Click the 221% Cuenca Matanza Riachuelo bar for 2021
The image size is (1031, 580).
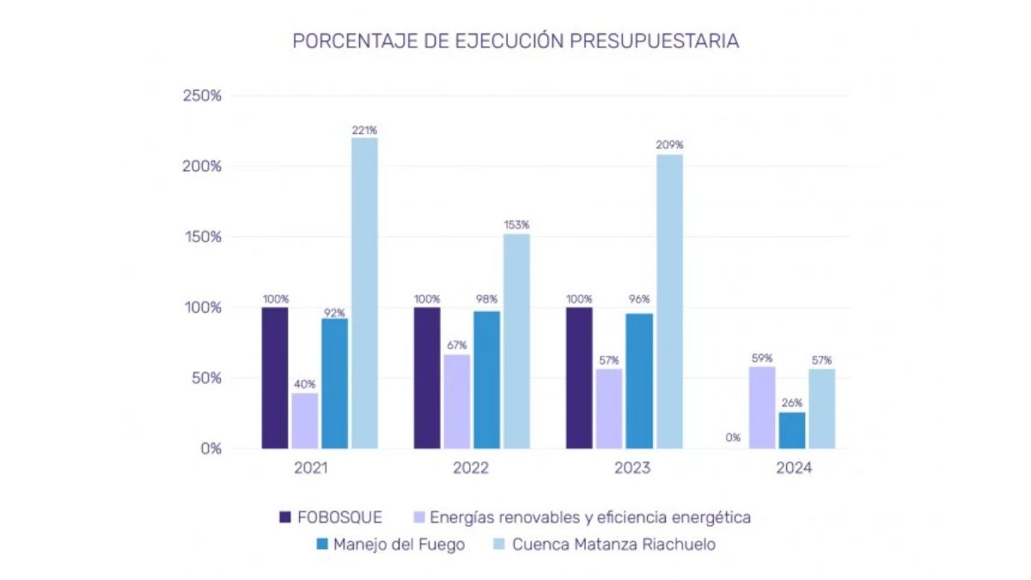click(364, 292)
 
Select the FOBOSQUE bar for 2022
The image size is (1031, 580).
click(427, 377)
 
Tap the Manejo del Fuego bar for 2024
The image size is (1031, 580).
click(792, 430)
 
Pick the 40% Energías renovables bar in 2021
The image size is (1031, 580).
click(304, 420)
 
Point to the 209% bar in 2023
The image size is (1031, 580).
click(669, 301)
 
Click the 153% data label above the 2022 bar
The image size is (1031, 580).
click(516, 225)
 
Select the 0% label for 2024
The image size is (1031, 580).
click(733, 437)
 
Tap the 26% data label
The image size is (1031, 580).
click(792, 403)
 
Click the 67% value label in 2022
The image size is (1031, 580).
click(457, 345)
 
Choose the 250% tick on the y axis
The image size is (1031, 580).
click(203, 95)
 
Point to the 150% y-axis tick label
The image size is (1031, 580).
click(203, 236)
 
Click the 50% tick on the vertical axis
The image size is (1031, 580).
click(206, 378)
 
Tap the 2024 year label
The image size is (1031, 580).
click(793, 469)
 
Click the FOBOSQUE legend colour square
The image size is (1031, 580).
click(286, 517)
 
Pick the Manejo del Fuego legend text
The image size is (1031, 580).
click(399, 545)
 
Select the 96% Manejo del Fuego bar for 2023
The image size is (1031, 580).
click(639, 381)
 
